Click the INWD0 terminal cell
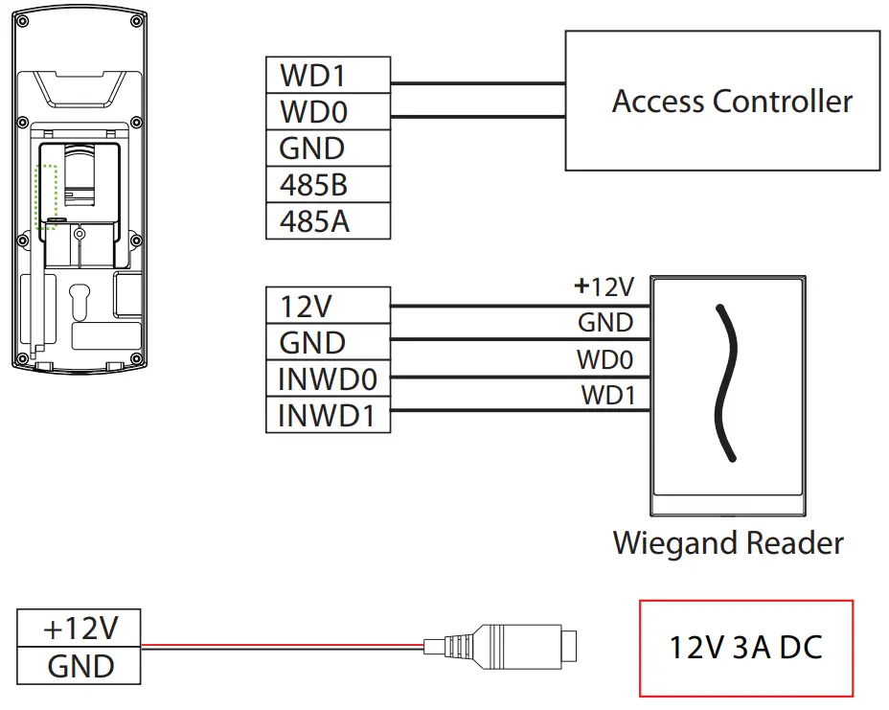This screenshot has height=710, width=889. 328,379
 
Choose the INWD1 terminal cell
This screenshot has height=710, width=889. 328,416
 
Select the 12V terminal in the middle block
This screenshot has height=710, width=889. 328,307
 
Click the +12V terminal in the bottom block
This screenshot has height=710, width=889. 80,629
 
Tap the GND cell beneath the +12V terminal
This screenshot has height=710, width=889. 80,665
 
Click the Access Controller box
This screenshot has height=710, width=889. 722,101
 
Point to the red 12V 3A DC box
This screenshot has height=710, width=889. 745,648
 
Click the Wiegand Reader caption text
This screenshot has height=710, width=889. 728,543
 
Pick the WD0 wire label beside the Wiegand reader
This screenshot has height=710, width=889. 604,360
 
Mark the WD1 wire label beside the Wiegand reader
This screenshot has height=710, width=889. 606,395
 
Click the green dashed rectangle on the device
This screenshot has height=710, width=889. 47,196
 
